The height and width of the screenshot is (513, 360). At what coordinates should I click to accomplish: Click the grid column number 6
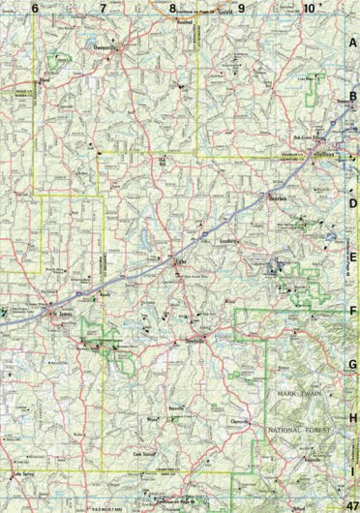pyautogui.click(x=35, y=8)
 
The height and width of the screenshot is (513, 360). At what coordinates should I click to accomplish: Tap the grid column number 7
pyautogui.click(x=104, y=8)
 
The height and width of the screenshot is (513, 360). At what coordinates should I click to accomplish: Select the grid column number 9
pyautogui.click(x=241, y=8)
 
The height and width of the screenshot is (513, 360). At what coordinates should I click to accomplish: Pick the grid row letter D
pyautogui.click(x=353, y=204)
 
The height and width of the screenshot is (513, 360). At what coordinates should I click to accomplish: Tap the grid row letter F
pyautogui.click(x=353, y=312)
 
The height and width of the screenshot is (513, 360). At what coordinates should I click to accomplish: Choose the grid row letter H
pyautogui.click(x=353, y=418)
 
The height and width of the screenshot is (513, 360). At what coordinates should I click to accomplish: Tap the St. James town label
pyautogui.click(x=62, y=313)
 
